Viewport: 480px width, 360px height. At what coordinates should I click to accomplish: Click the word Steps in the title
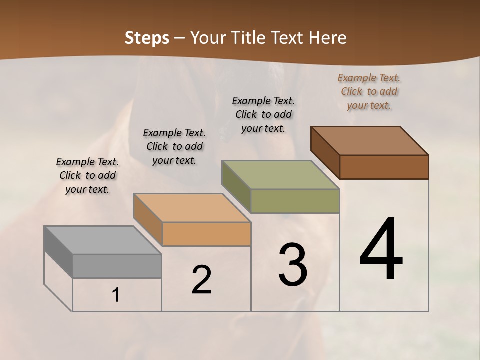click(147, 38)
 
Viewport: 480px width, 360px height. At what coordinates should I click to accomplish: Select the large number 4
click(381, 250)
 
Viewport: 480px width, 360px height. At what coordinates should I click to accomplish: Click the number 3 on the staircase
click(293, 265)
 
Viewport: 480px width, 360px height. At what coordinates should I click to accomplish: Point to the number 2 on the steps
click(202, 280)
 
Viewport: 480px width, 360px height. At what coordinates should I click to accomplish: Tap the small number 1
click(116, 295)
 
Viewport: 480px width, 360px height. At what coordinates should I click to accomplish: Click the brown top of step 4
click(370, 141)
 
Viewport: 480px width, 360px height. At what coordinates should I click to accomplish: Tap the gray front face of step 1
click(117, 266)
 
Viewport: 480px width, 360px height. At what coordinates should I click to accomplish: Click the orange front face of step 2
click(206, 234)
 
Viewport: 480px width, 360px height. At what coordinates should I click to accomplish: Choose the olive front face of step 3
click(295, 201)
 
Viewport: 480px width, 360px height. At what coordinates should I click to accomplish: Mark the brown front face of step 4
click(384, 167)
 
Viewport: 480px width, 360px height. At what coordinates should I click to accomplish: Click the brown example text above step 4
click(369, 91)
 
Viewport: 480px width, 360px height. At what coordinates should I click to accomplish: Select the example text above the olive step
click(263, 114)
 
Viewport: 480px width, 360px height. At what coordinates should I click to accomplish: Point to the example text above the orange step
click(174, 146)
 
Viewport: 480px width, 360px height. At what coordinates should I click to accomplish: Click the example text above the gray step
click(87, 175)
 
